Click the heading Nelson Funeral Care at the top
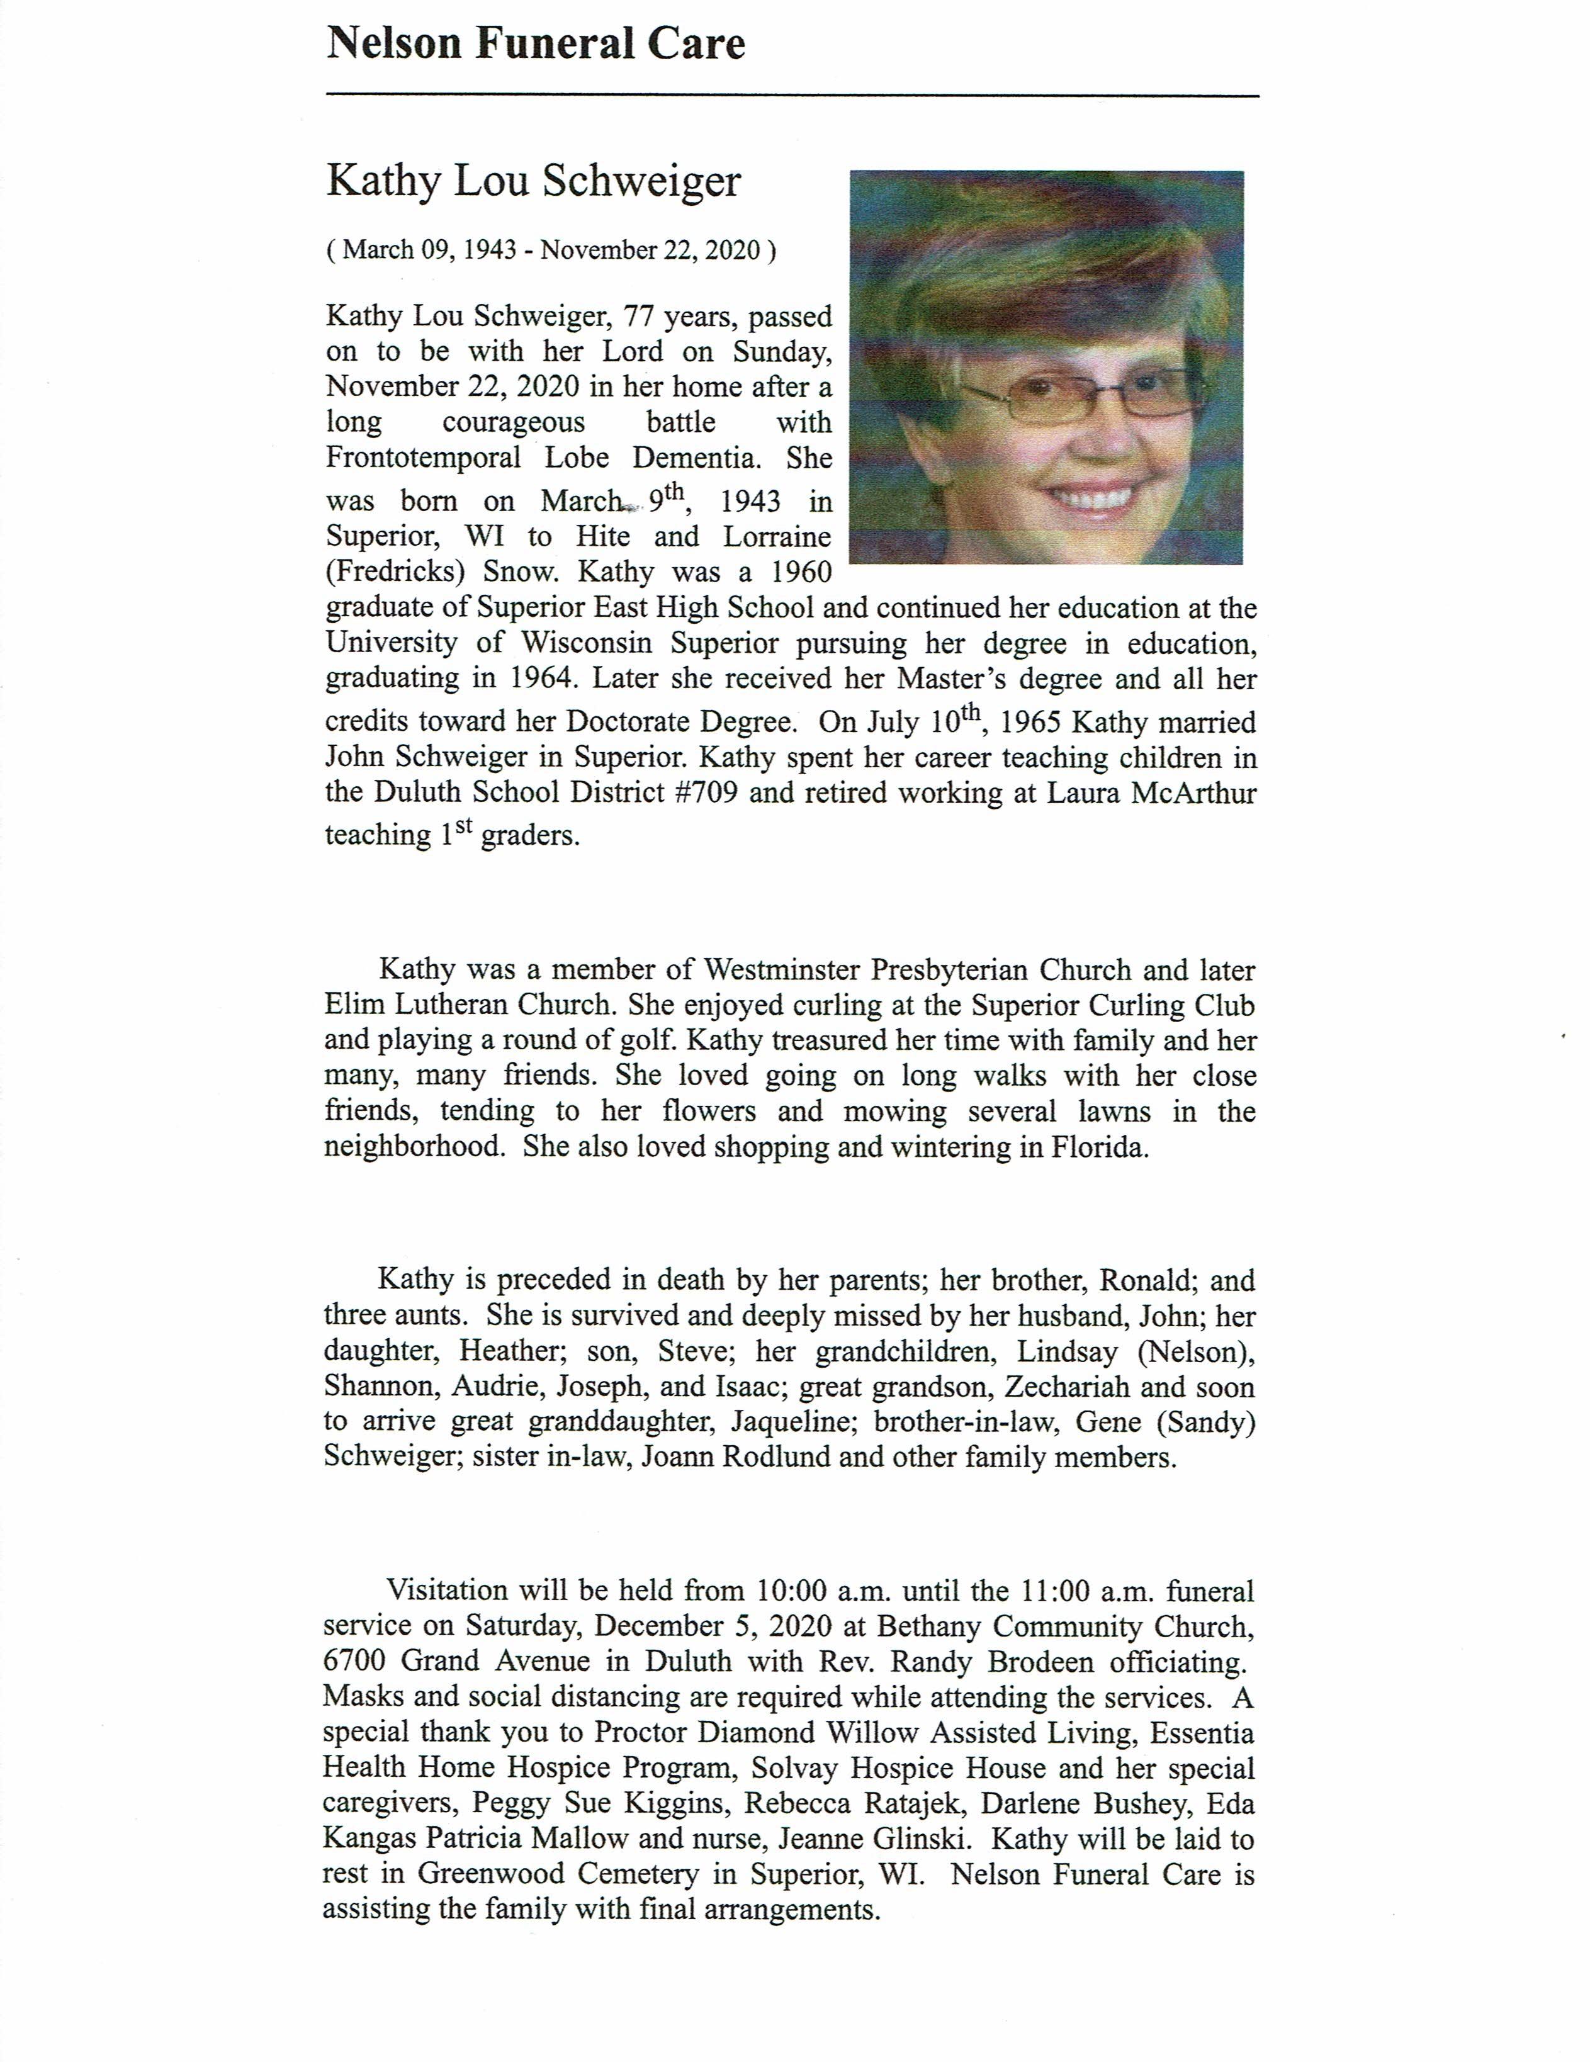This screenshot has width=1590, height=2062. pyautogui.click(x=535, y=44)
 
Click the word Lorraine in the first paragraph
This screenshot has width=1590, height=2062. pyautogui.click(x=777, y=536)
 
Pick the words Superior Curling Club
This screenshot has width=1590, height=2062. pyautogui.click(x=1113, y=1005)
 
